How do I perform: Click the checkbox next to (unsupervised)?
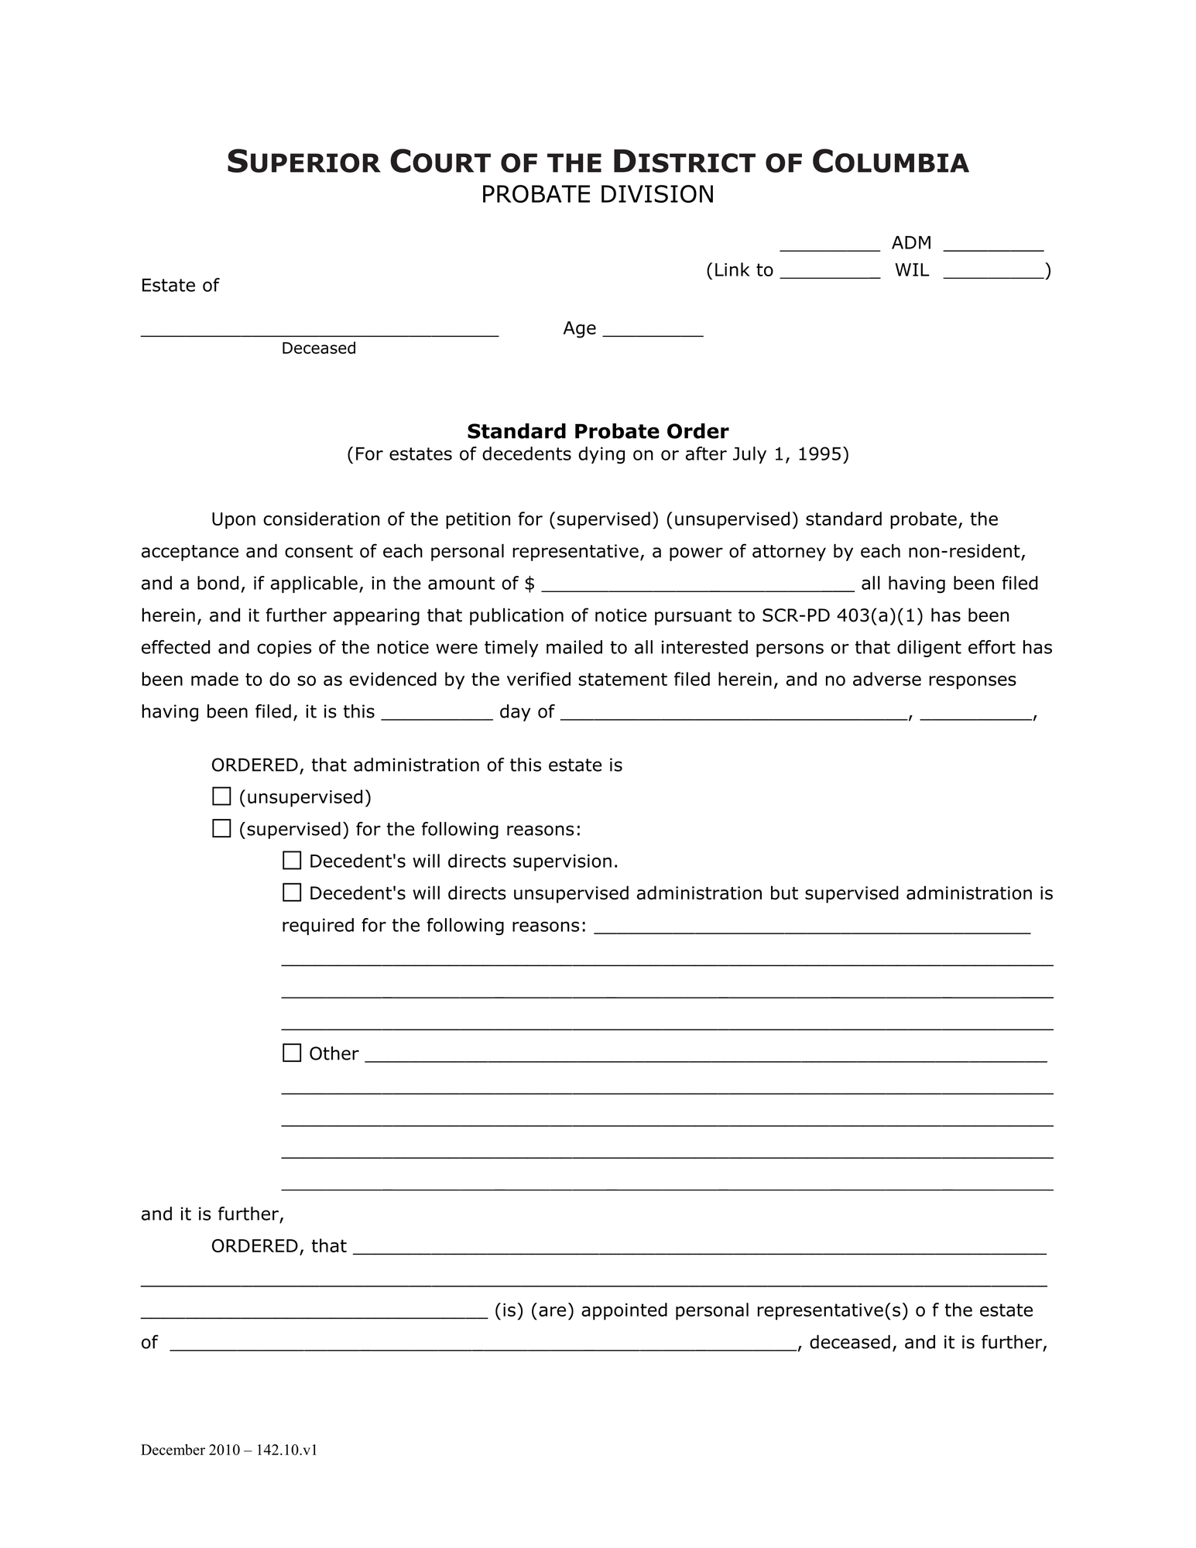pyautogui.click(x=221, y=796)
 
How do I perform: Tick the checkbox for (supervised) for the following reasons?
pyautogui.click(x=221, y=829)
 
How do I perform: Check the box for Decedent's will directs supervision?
pyautogui.click(x=292, y=861)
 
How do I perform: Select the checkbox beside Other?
pyautogui.click(x=292, y=1053)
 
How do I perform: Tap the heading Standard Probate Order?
pyautogui.click(x=598, y=431)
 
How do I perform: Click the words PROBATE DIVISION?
pyautogui.click(x=598, y=194)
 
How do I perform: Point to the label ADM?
pyautogui.click(x=911, y=243)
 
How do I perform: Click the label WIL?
pyautogui.click(x=912, y=271)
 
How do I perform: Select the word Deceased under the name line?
pyautogui.click(x=319, y=348)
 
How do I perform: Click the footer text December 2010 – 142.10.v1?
pyautogui.click(x=229, y=1450)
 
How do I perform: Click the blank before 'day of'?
pyautogui.click(x=437, y=712)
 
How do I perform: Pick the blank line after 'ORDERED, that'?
pyautogui.click(x=699, y=1247)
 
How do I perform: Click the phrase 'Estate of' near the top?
pyautogui.click(x=180, y=286)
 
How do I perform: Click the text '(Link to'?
pyautogui.click(x=739, y=271)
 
